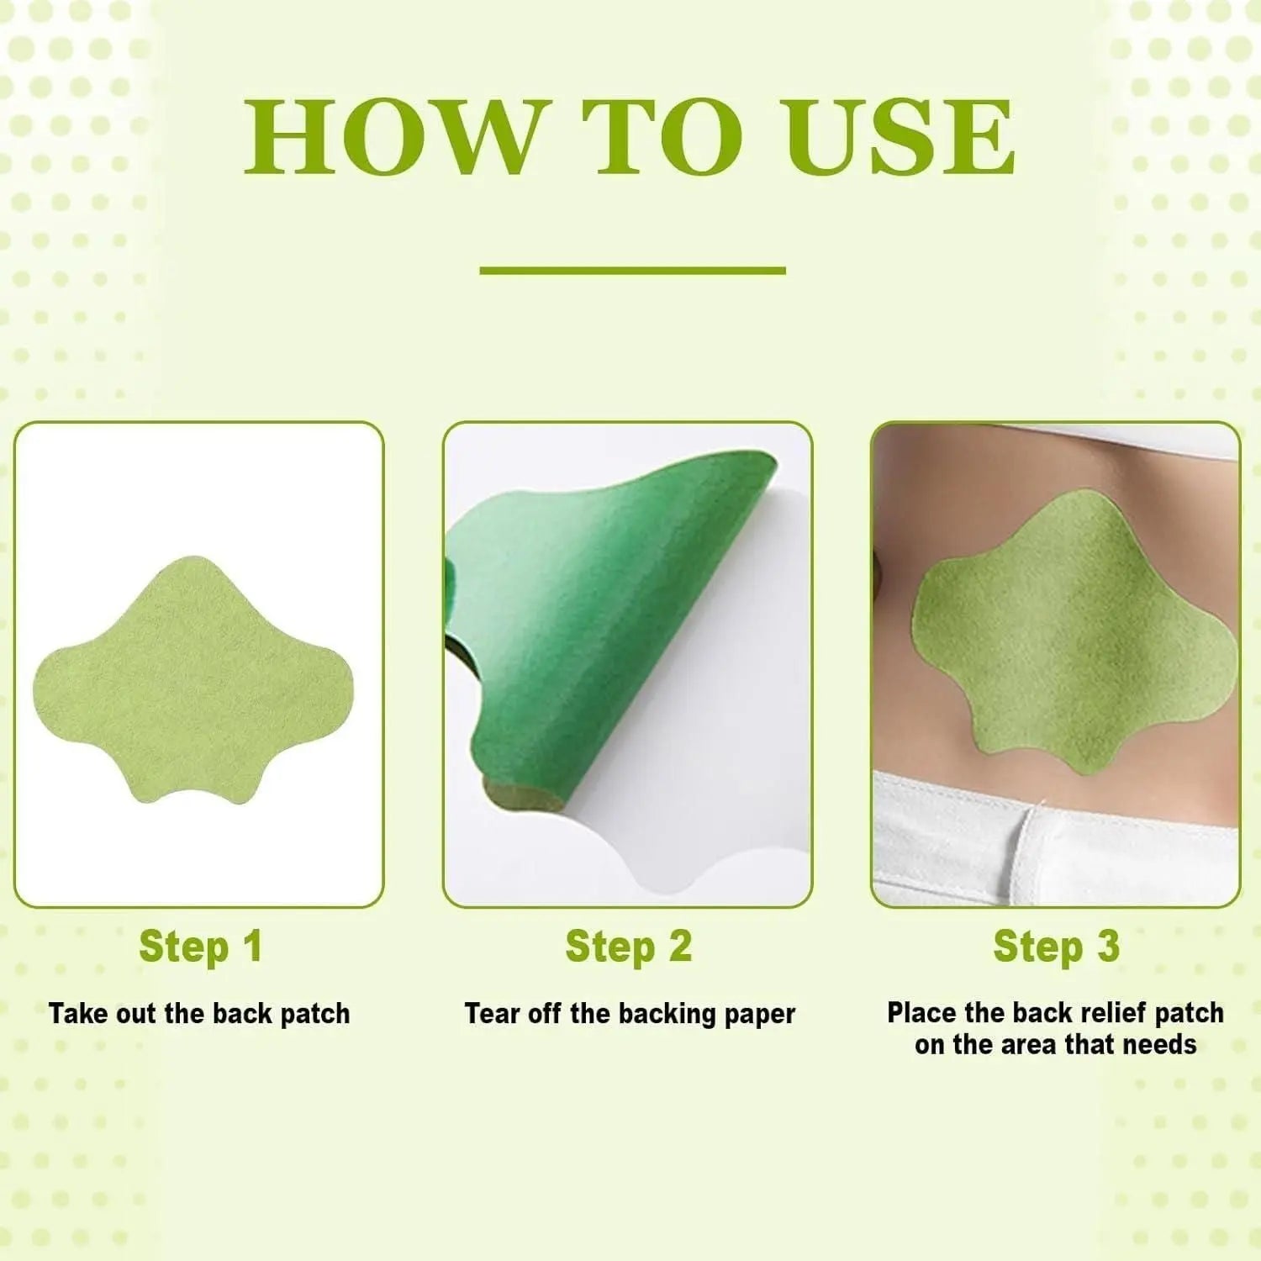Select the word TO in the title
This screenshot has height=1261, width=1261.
pos(662,138)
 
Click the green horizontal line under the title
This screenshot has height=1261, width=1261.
pos(632,271)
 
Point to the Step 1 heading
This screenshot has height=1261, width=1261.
pos(200,947)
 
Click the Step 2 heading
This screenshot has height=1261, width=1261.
pos(628,947)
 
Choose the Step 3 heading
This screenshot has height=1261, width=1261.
pos(1056,947)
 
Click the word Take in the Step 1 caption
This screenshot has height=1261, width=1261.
pos(78,1014)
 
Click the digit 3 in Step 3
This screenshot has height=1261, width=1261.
pos(1108,947)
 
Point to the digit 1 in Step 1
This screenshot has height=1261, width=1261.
pos(252,947)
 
